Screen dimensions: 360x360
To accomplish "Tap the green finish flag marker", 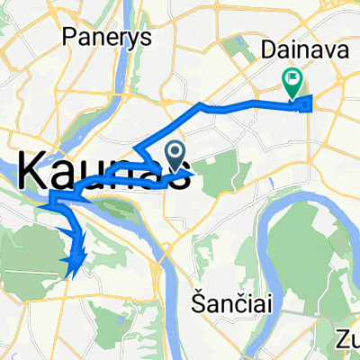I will (293, 83).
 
